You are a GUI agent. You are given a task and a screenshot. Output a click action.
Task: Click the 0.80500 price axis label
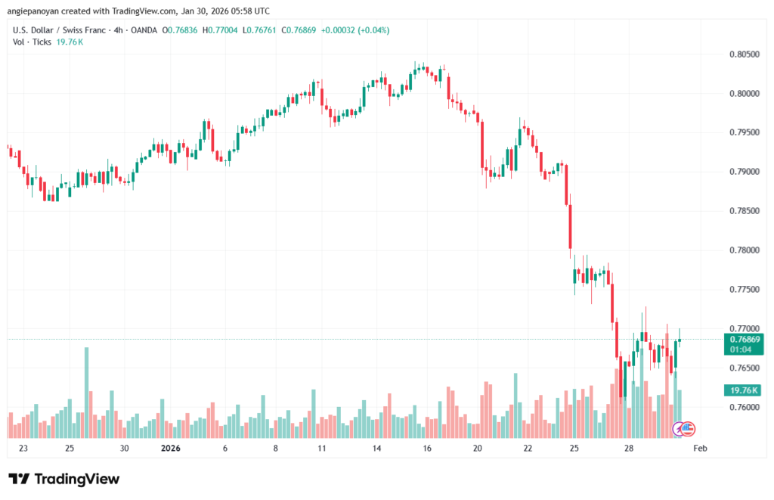[x=744, y=54]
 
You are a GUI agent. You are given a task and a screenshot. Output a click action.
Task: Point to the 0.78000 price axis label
[x=744, y=250]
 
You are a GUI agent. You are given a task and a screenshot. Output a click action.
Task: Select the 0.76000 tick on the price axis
[x=744, y=407]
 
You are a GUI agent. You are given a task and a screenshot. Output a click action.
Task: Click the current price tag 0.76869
[x=745, y=340]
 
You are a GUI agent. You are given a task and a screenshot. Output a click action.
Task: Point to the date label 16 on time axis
[x=427, y=448]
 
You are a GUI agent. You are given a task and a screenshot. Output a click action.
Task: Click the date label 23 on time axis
[x=24, y=448]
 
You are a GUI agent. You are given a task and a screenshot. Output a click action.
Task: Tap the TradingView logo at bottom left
[x=63, y=479]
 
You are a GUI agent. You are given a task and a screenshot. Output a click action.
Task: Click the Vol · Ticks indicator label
[x=31, y=42]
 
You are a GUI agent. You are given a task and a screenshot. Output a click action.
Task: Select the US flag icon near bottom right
[x=687, y=429]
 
